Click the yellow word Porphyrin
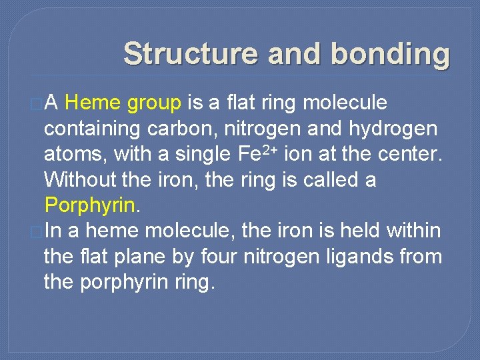[90, 205]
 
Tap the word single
[197, 155]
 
